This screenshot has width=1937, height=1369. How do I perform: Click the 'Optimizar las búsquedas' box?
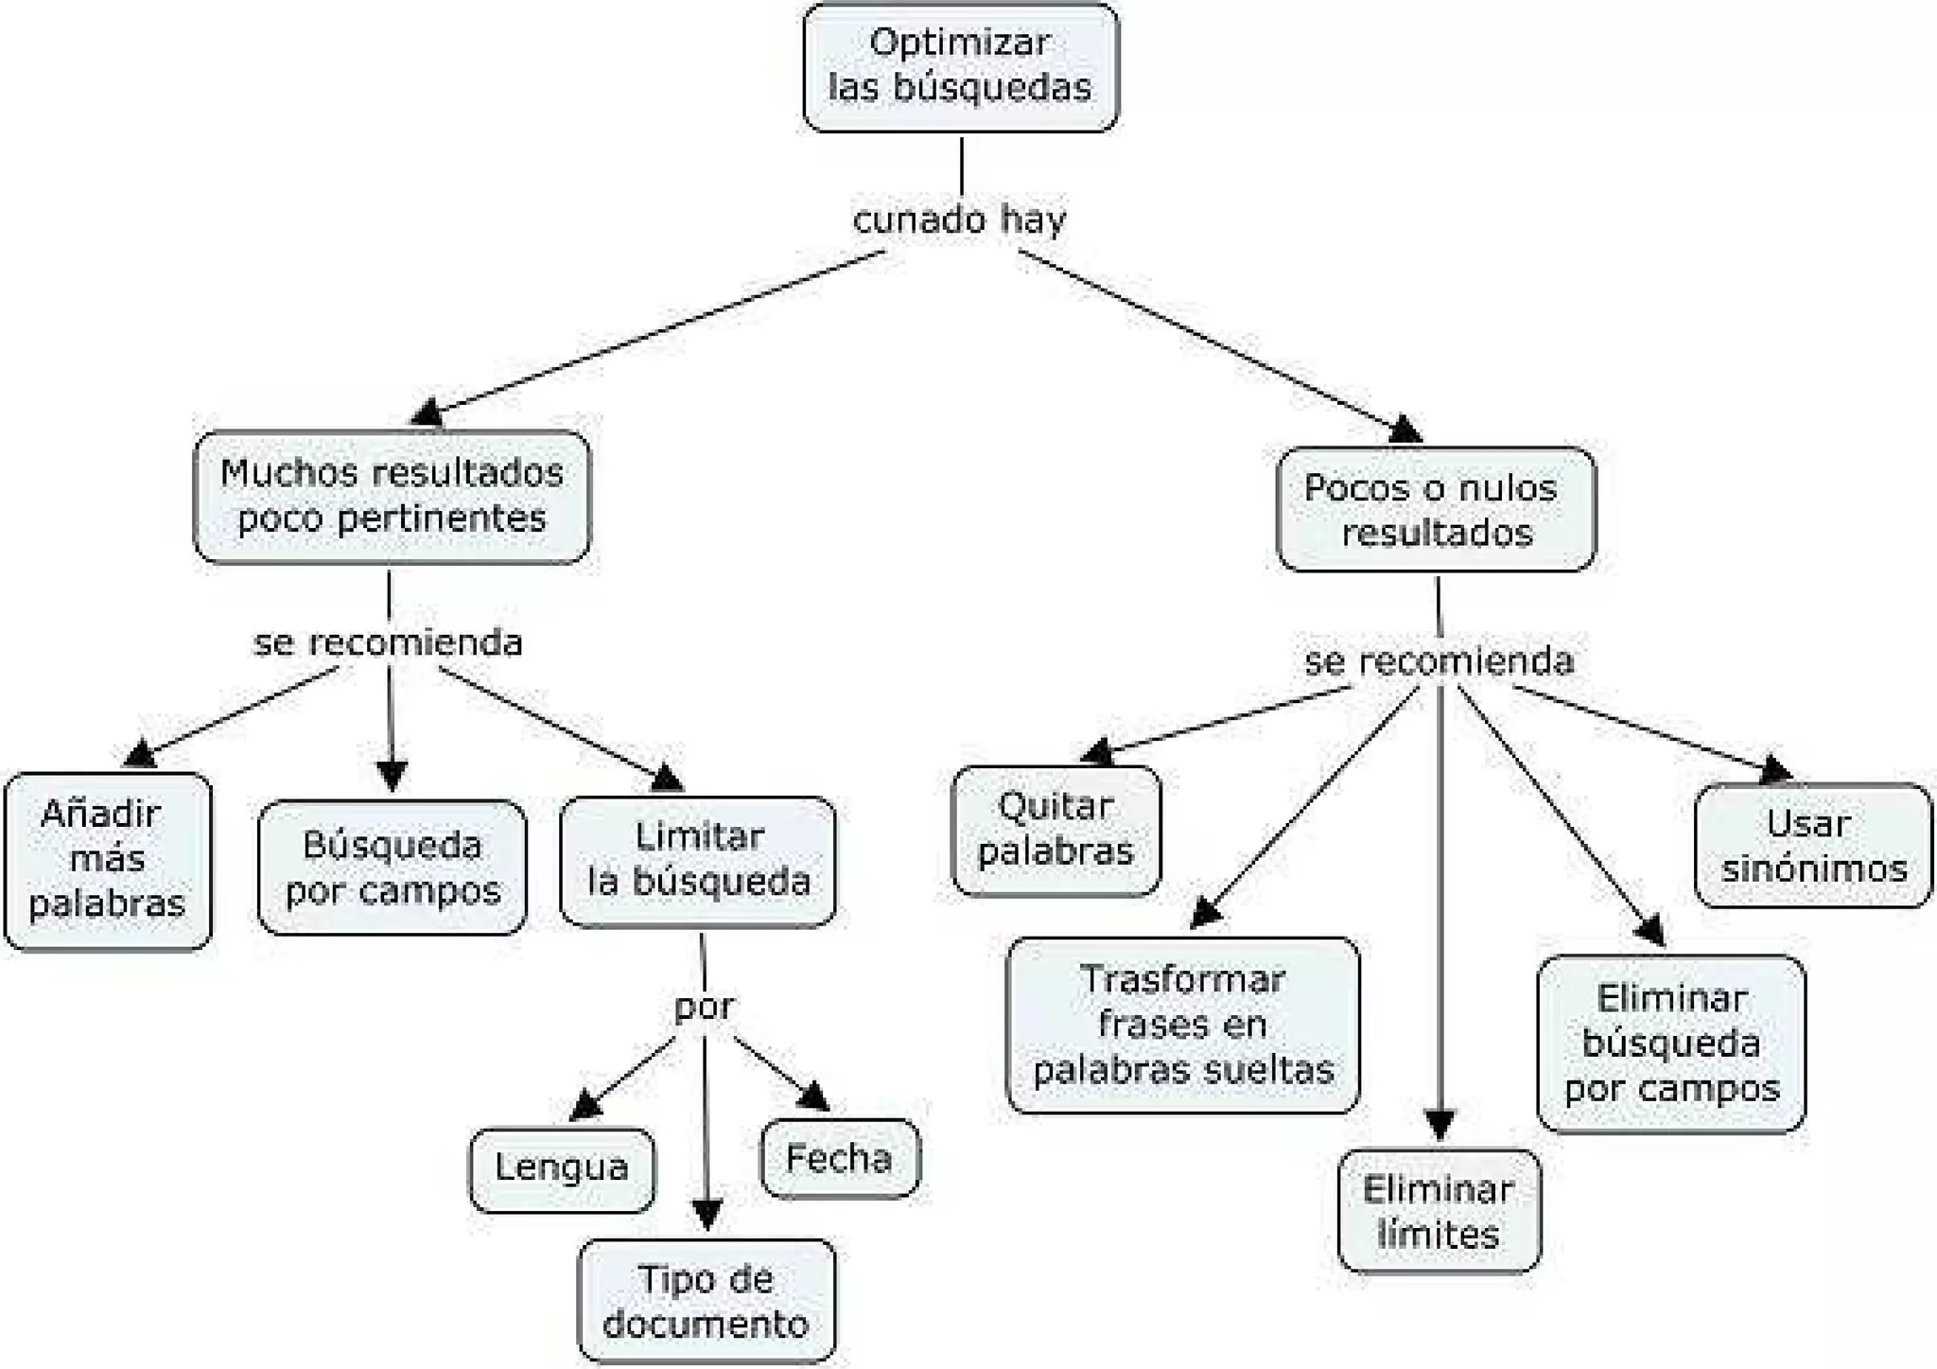(x=960, y=66)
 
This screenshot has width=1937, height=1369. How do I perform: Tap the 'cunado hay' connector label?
(x=959, y=219)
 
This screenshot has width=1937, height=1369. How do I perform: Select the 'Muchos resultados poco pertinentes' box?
(x=392, y=496)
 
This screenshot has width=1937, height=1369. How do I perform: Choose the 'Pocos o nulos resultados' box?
(x=1436, y=510)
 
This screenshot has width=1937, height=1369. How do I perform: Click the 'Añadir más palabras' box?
(x=108, y=860)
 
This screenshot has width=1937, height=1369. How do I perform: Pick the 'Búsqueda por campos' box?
(x=393, y=868)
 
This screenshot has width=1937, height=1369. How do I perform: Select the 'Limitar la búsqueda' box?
(x=698, y=860)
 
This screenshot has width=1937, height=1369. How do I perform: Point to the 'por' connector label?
(x=704, y=1007)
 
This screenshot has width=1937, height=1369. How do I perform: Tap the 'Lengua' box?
(x=562, y=1168)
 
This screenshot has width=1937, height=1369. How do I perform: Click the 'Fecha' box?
(x=840, y=1159)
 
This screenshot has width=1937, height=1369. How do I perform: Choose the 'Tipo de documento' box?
(x=707, y=1301)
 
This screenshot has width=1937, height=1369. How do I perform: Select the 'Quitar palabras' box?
(x=1056, y=830)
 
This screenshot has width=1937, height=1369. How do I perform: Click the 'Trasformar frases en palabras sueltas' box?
(x=1183, y=1025)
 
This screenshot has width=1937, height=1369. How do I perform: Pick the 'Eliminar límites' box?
(x=1439, y=1212)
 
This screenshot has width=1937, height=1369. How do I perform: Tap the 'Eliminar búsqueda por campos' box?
(x=1671, y=1044)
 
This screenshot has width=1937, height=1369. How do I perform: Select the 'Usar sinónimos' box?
(x=1813, y=846)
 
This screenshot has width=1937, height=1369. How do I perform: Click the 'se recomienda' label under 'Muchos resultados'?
(x=388, y=643)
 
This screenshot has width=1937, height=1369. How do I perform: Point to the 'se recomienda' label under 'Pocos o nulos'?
(x=1439, y=661)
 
